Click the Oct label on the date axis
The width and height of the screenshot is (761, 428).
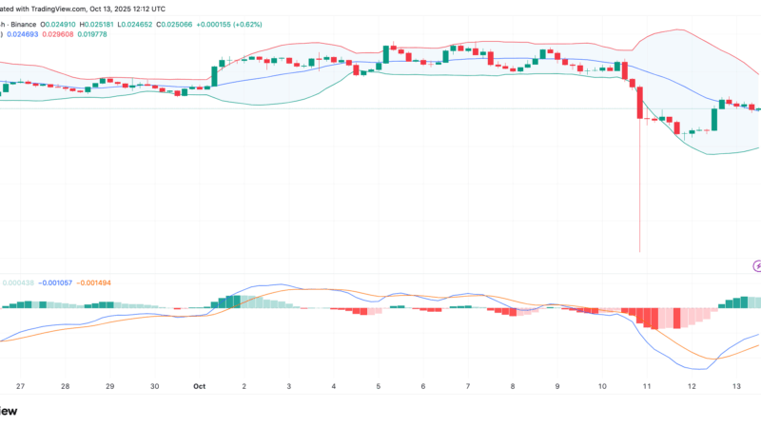pyautogui.click(x=199, y=387)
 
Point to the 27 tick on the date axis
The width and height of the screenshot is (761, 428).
pyautogui.click(x=20, y=387)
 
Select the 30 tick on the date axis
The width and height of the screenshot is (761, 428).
pyautogui.click(x=154, y=387)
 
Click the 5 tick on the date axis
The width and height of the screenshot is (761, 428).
pyautogui.click(x=378, y=387)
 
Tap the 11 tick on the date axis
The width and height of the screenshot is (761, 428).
pyautogui.click(x=647, y=387)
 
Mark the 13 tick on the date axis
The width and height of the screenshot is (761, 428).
pyautogui.click(x=736, y=387)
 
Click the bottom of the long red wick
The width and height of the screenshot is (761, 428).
pyautogui.click(x=639, y=251)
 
